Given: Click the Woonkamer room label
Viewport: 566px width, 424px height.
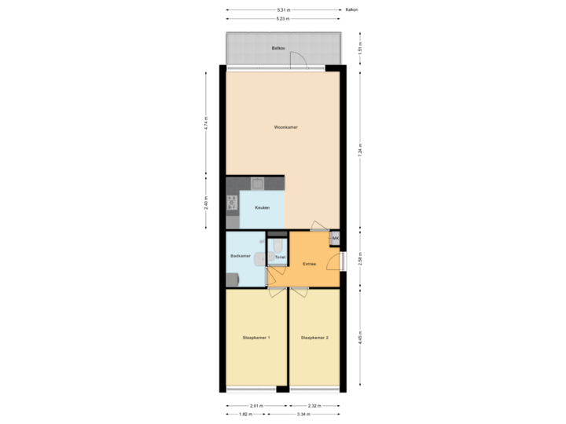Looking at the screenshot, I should tap(285, 126).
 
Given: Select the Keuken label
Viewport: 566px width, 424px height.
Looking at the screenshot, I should tap(262, 207).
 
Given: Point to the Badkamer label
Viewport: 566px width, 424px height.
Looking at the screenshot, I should tap(241, 256).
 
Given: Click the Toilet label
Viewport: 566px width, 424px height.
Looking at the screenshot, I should tap(279, 257).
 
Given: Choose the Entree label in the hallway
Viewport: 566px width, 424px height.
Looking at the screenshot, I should tap(310, 264).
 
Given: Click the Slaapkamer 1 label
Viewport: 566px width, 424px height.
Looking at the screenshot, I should tap(256, 338).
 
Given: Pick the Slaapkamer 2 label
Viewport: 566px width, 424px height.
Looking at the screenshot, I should tap(314, 338).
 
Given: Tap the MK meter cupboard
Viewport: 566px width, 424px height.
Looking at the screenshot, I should tap(335, 237).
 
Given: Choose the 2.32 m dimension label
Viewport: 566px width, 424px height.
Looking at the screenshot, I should tap(314, 405).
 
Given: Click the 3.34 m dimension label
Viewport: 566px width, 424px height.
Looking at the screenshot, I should tap(302, 413).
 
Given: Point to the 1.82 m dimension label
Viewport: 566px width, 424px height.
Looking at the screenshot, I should tap(244, 413).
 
